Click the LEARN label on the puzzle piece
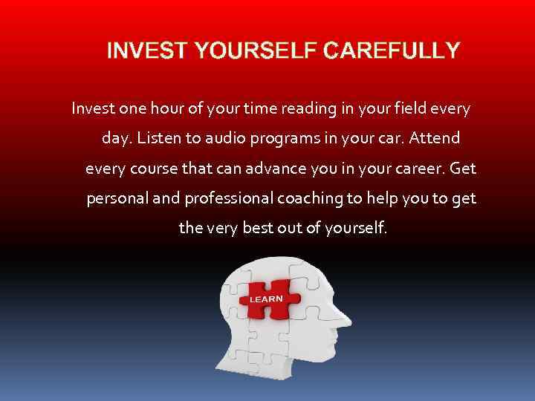pos(266,299)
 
